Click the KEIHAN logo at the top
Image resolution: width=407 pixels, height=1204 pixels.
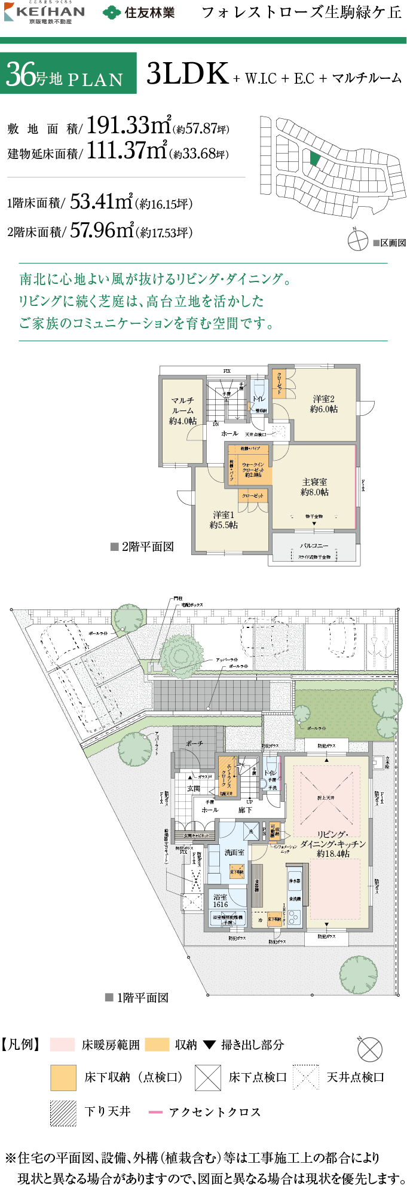click(x=45, y=13)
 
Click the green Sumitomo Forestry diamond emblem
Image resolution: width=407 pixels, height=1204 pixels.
click(x=112, y=13)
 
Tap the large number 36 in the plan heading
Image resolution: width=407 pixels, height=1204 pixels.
click(x=21, y=74)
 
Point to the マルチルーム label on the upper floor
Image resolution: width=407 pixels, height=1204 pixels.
click(x=182, y=410)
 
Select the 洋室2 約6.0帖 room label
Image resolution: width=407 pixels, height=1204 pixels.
click(x=323, y=404)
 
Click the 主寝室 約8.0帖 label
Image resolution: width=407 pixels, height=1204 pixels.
click(x=314, y=487)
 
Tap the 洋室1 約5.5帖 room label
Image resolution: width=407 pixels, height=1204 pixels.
click(x=224, y=520)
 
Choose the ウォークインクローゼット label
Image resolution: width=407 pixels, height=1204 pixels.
click(x=253, y=469)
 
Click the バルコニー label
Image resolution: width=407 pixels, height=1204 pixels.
click(x=314, y=546)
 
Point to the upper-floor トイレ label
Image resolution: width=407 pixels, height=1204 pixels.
click(x=258, y=399)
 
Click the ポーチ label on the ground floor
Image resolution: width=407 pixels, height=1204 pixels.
click(x=194, y=743)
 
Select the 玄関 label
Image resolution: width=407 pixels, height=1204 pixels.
click(x=194, y=788)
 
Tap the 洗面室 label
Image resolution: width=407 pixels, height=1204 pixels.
click(x=234, y=852)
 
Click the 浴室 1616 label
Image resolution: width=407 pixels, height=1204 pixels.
click(x=221, y=900)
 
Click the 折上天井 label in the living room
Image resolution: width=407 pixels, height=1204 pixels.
click(x=326, y=798)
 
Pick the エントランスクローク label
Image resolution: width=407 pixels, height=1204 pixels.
click(x=227, y=775)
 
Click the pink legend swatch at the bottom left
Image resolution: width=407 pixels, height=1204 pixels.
click(x=62, y=1044)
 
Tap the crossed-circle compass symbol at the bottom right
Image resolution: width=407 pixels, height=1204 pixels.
click(x=369, y=1049)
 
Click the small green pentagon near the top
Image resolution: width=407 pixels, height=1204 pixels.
click(x=315, y=158)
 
